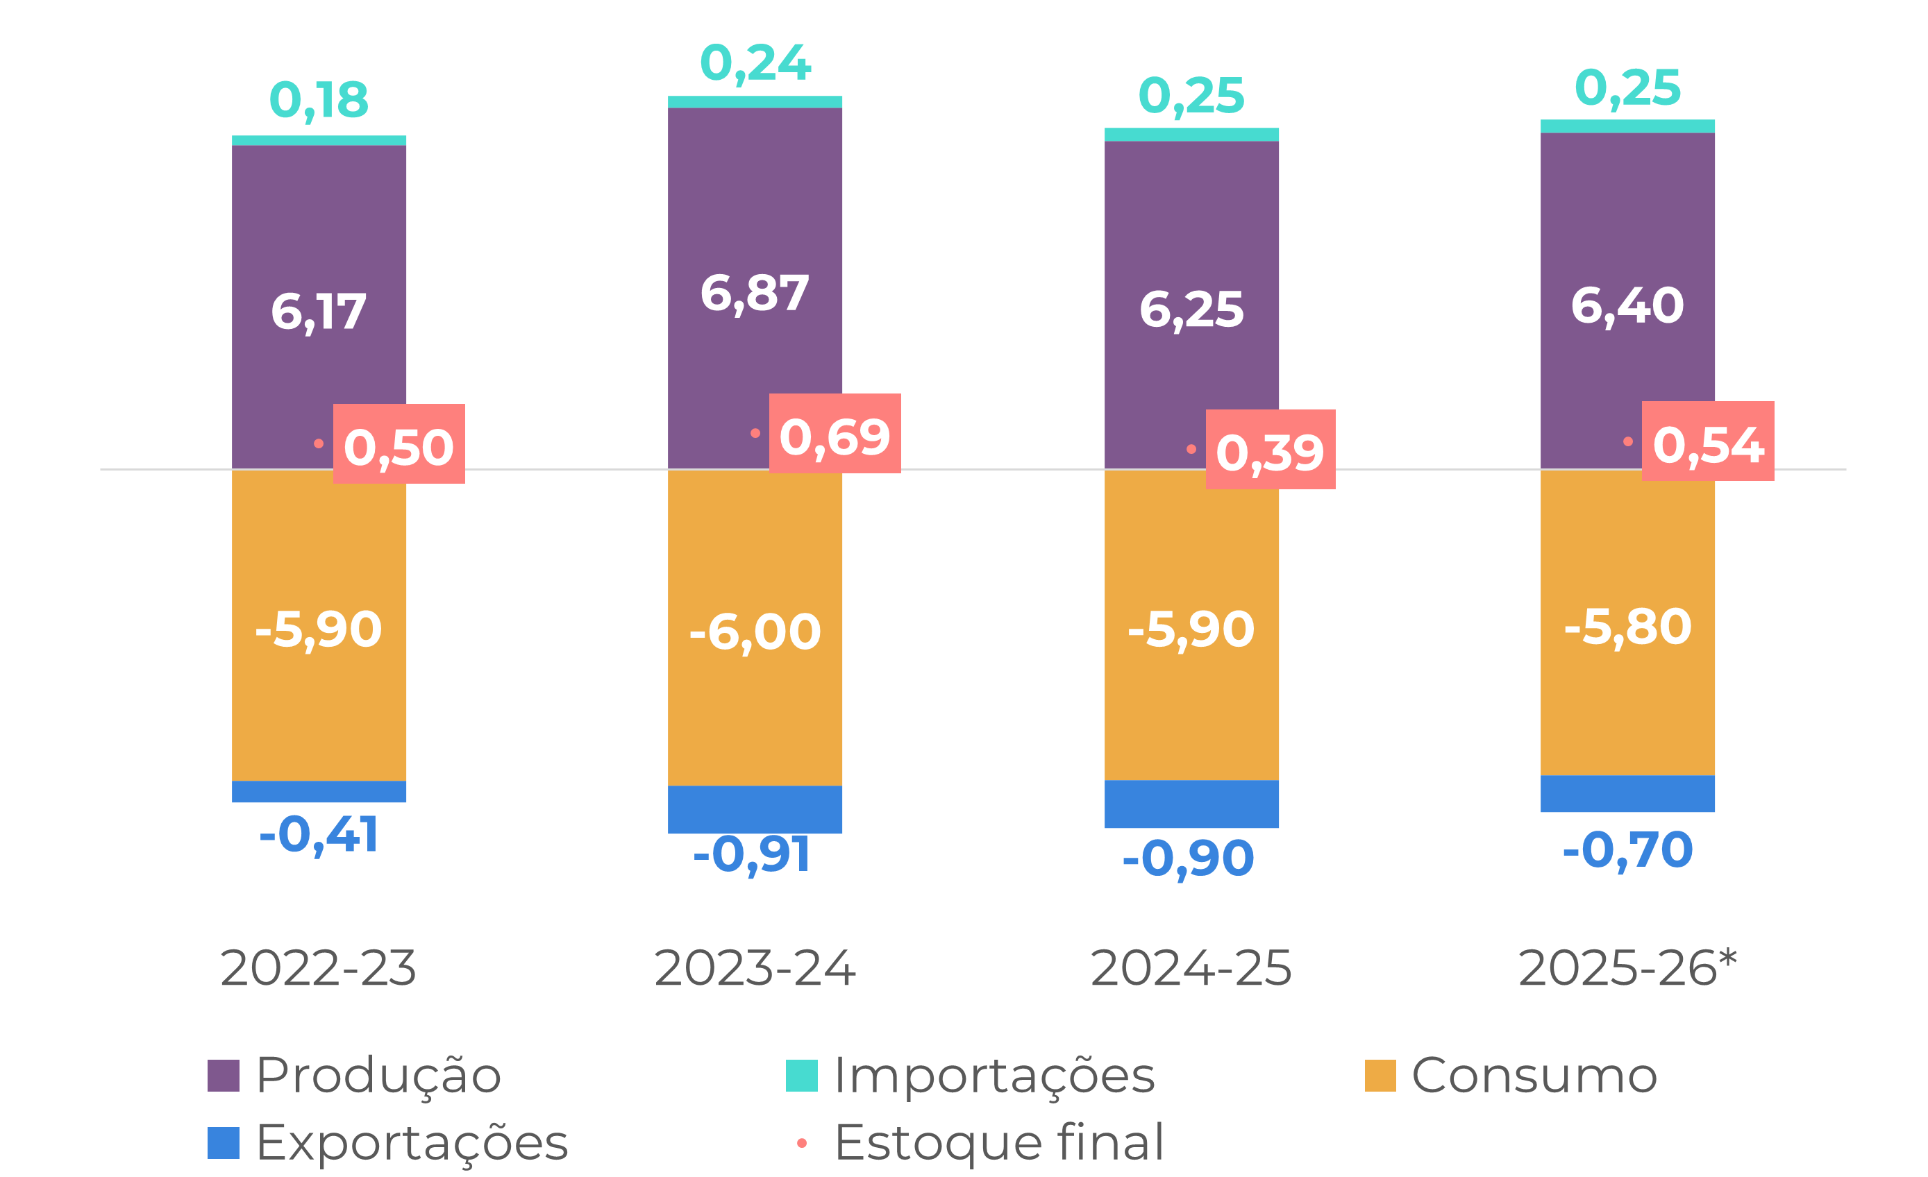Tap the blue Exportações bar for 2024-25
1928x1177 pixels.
[x=1191, y=804]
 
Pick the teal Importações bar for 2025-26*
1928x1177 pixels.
[x=1627, y=126]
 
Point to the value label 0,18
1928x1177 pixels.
[x=319, y=100]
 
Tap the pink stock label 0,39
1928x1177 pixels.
[x=1270, y=450]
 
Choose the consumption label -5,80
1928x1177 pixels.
[x=1627, y=627]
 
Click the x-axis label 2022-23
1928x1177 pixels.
[x=319, y=968]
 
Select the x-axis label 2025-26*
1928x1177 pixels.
[x=1627, y=968]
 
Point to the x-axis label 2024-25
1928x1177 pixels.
[x=1191, y=968]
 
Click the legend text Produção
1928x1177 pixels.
[x=378, y=1076]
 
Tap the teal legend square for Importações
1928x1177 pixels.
[x=801, y=1076]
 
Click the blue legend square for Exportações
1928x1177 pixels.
[x=223, y=1142]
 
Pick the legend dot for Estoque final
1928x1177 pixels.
[x=801, y=1144]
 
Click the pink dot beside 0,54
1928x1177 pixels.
[x=1627, y=442]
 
